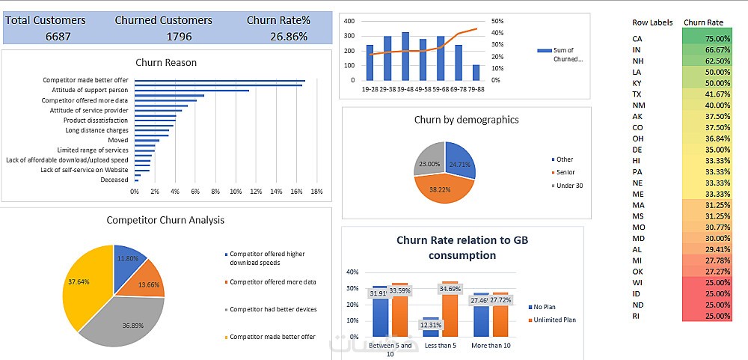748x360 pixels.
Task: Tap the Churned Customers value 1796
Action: pos(163,35)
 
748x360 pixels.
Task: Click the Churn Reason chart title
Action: pos(166,63)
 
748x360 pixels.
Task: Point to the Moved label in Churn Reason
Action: pos(117,140)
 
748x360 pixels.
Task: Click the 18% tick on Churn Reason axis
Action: pos(316,192)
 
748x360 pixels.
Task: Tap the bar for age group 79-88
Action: pos(476,72)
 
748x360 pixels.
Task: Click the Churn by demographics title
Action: pos(466,120)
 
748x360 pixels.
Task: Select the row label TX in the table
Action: pos(637,94)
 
